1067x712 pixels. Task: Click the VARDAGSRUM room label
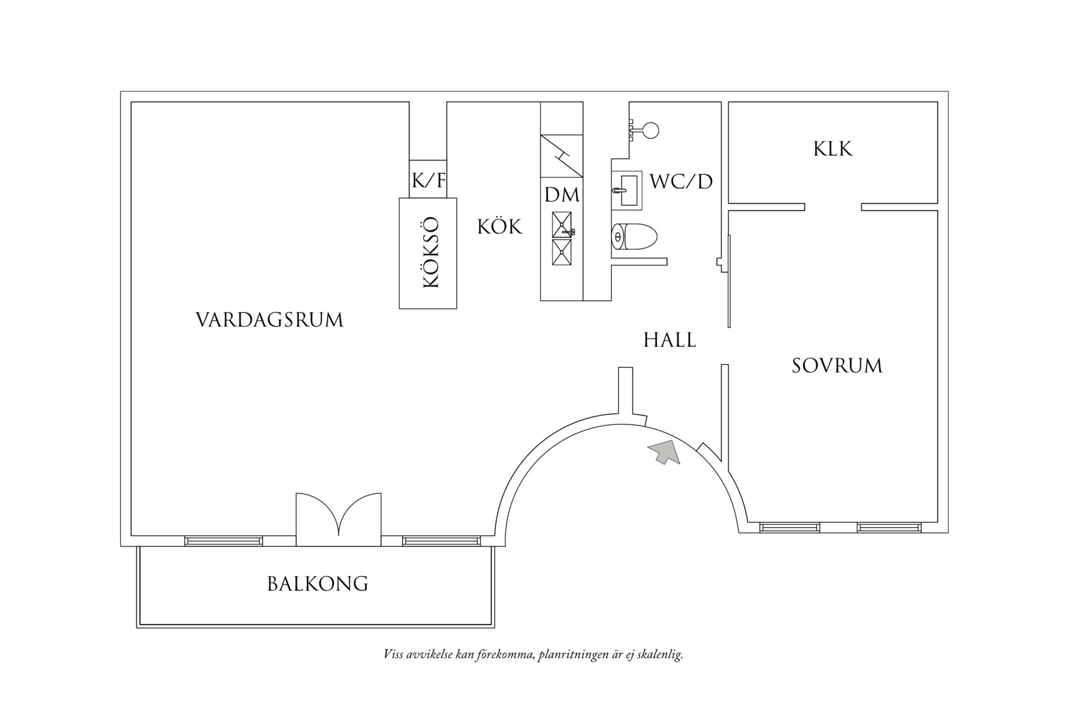coord(269,320)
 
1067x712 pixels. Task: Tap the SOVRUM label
coord(837,366)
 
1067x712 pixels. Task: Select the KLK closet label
coord(833,149)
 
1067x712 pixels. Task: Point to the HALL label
coord(670,341)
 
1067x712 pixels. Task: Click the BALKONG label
coord(317,584)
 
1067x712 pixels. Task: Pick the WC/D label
coord(681,182)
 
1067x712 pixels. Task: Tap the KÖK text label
coord(499,227)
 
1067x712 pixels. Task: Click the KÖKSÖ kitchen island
coord(428,253)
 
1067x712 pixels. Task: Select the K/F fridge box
coord(428,179)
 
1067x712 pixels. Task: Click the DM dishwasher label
coord(562,195)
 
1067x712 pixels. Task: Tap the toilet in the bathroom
coord(634,237)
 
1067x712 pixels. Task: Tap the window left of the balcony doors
coord(224,541)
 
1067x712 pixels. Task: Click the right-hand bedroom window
coord(888,528)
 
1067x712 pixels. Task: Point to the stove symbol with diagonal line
coord(562,156)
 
